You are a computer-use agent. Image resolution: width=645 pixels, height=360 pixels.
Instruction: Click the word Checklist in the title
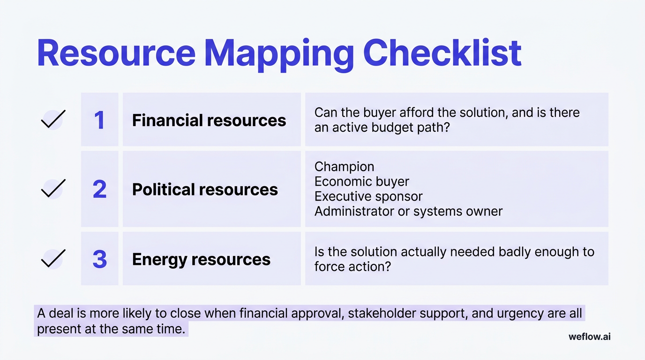coord(442,53)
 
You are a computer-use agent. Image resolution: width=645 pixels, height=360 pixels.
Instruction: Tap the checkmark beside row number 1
coord(52,120)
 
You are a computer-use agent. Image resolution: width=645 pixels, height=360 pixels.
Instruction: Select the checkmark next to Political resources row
coord(52,189)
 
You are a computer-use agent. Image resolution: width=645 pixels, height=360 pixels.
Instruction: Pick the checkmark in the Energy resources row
coord(52,259)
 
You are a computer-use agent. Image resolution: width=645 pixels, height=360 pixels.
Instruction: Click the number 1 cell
coord(99,120)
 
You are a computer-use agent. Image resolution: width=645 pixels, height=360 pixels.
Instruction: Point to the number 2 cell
coord(99,189)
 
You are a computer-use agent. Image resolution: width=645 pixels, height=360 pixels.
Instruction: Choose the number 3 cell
coord(99,259)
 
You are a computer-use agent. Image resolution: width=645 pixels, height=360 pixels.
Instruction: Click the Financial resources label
coord(209,120)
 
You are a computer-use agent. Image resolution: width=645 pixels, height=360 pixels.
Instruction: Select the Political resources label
coord(205,189)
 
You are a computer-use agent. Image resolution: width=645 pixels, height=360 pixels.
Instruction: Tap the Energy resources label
coord(201,259)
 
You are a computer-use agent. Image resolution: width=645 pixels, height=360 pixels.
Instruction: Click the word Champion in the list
coord(344,166)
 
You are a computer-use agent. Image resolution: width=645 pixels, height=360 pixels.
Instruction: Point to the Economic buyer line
coord(361,181)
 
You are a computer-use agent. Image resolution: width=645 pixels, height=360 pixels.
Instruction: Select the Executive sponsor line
coord(368,196)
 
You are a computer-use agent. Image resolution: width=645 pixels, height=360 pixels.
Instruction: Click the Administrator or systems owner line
coord(408,211)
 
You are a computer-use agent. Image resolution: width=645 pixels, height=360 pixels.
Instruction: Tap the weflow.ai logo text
coord(589,337)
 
